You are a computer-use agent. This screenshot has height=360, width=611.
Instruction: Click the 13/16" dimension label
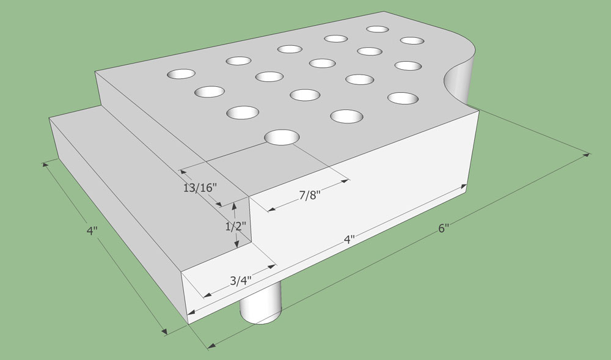[x=200, y=188]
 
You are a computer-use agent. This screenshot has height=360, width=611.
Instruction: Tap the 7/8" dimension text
[x=310, y=195]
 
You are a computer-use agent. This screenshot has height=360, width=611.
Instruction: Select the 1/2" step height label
[x=236, y=226]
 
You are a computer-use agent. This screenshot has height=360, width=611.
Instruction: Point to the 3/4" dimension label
[x=241, y=281]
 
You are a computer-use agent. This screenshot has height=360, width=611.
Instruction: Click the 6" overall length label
[x=444, y=229]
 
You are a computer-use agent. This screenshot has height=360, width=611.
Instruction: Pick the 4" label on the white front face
[x=349, y=239]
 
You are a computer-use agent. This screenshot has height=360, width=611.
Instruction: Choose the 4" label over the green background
[x=92, y=230]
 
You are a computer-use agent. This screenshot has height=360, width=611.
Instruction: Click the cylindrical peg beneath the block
[x=260, y=303]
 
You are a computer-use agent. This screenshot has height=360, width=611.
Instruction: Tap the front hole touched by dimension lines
[x=282, y=138]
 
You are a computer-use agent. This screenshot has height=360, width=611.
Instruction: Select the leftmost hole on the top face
[x=181, y=73]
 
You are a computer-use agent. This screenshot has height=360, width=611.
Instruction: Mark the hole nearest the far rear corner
[x=378, y=29]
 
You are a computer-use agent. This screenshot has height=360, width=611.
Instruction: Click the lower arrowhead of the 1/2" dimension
[x=236, y=244]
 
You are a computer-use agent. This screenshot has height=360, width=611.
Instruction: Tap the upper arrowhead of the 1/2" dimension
[x=234, y=207]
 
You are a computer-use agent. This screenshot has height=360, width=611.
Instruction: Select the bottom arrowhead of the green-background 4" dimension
[x=165, y=331]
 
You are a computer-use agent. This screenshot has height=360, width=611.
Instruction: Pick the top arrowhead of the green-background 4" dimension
[x=46, y=164]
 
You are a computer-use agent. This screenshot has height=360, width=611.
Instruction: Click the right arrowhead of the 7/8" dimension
[x=345, y=181]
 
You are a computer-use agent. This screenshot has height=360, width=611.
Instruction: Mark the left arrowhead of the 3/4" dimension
[x=208, y=295]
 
